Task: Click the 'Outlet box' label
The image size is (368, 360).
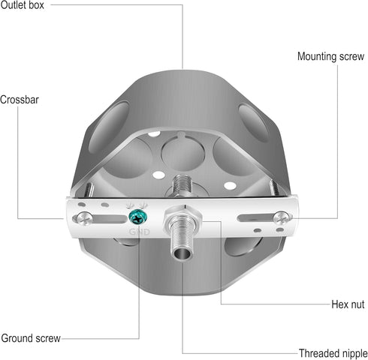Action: click(x=22, y=5)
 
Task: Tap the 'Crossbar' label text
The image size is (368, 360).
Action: click(x=20, y=100)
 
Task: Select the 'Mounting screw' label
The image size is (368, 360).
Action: click(x=330, y=56)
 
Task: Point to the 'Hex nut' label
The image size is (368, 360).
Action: click(x=348, y=304)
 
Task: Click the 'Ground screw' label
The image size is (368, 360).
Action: click(x=31, y=338)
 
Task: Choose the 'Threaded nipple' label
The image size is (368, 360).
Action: click(x=333, y=353)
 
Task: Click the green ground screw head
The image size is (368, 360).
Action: click(x=137, y=217)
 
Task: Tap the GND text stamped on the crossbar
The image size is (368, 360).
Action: click(x=139, y=232)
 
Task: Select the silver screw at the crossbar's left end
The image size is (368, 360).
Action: click(x=85, y=218)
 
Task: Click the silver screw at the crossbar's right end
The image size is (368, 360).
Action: click(x=282, y=217)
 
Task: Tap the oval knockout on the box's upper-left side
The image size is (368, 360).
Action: click(x=109, y=127)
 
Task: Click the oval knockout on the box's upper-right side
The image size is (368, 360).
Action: click(x=253, y=123)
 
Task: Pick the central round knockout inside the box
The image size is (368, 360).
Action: click(x=183, y=152)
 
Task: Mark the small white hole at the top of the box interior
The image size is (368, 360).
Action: click(x=154, y=134)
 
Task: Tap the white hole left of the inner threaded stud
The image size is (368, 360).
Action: click(x=158, y=175)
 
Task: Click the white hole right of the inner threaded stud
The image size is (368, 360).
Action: click(x=230, y=185)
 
